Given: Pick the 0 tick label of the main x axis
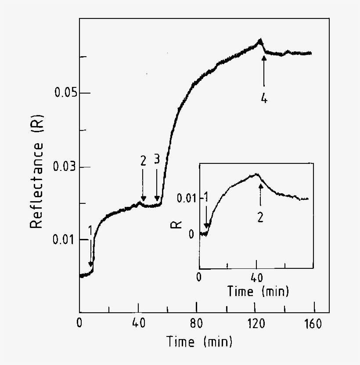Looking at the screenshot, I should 80,324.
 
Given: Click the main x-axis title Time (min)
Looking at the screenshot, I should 199,341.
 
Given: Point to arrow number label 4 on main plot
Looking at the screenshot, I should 264,99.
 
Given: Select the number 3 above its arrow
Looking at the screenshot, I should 157,161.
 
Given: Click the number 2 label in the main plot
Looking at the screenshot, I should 143,161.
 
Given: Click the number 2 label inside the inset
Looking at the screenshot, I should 260,217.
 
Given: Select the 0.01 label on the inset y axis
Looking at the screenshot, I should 188,198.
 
